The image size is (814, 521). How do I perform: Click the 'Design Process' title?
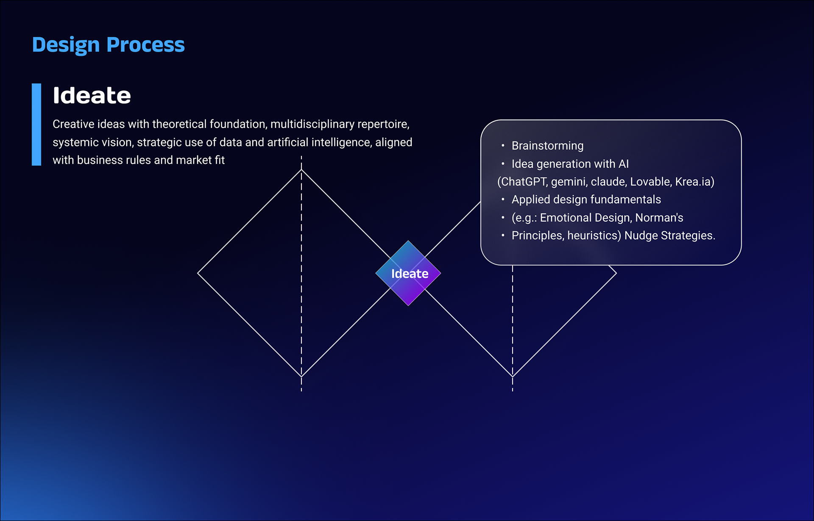coord(108,45)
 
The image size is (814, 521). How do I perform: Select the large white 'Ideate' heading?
coord(92,96)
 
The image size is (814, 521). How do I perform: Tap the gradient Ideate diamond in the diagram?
coord(408,273)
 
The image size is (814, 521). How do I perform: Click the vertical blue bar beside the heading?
coord(36,124)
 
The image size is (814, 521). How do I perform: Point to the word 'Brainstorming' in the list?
coord(547,146)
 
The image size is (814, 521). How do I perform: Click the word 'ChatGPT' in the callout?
coord(524,182)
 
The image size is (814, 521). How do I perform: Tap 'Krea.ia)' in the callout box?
coord(695,182)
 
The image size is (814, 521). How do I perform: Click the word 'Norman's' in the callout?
coord(659,218)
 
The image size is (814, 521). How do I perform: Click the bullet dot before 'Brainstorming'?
coord(503,146)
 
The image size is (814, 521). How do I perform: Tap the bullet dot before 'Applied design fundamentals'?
coord(503,200)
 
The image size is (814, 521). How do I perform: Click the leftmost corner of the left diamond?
coord(198,273)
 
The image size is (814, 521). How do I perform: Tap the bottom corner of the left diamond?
coord(301,376)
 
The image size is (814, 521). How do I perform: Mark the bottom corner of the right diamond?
coord(513,376)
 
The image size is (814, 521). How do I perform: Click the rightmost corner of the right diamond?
coord(616,273)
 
